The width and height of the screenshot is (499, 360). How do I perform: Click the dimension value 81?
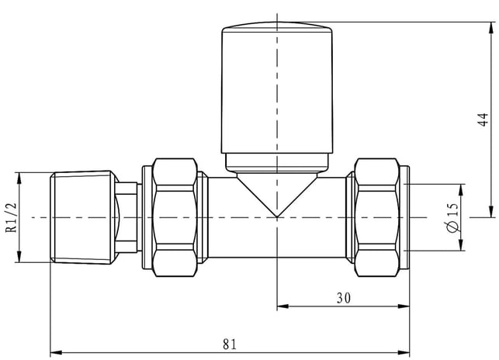pyautogui.click(x=230, y=344)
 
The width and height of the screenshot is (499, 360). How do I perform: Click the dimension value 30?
pyautogui.click(x=344, y=298)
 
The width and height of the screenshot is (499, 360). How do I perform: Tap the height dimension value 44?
pyautogui.click(x=483, y=119)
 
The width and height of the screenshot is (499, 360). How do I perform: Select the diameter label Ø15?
pyautogui.click(x=453, y=218)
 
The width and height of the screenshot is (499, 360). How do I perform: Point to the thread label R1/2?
pyautogui.click(x=12, y=218)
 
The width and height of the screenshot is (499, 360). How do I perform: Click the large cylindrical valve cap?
pyautogui.click(x=277, y=88)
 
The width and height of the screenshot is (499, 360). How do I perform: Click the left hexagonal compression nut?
pyautogui.click(x=175, y=217)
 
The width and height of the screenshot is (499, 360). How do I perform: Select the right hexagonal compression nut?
pyautogui.click(x=377, y=217)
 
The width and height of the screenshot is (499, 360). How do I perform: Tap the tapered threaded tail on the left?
pyautogui.click(x=83, y=218)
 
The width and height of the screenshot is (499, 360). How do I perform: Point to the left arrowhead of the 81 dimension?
pyautogui.click(x=55, y=353)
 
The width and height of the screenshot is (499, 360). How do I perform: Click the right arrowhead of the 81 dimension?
pyautogui.click(x=404, y=353)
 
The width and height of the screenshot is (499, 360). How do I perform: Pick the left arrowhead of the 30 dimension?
pyautogui.click(x=282, y=306)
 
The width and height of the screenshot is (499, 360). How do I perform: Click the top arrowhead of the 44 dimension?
pyautogui.click(x=492, y=28)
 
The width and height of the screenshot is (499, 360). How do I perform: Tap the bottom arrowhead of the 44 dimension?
pyautogui.click(x=492, y=212)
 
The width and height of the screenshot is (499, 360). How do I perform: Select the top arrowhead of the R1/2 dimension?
pyautogui.click(x=19, y=178)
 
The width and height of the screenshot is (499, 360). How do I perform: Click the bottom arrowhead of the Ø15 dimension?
pyautogui.click(x=461, y=244)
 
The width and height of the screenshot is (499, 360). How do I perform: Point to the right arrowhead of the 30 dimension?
pyautogui.click(x=404, y=306)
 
